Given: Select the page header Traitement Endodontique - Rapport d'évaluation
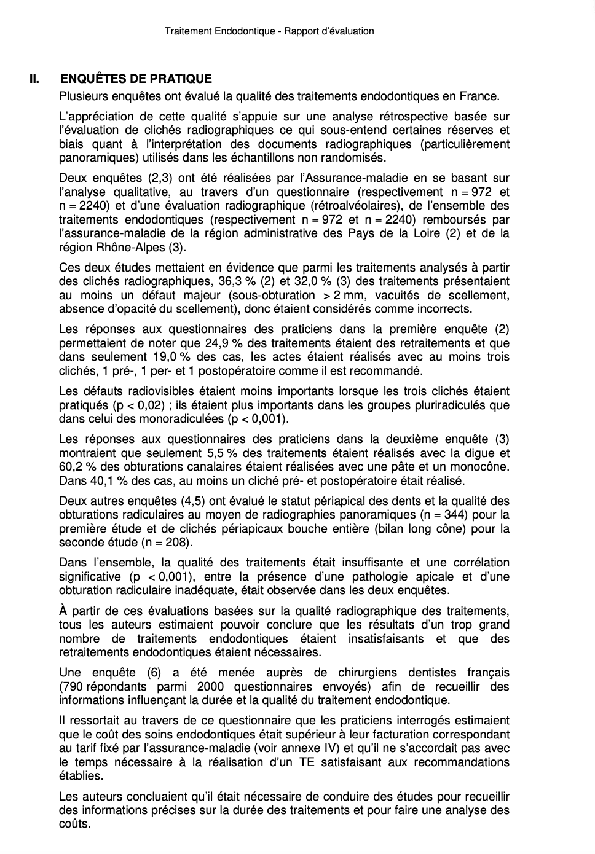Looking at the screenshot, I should coord(269,31).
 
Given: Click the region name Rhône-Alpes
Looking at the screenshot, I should coord(130,247).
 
